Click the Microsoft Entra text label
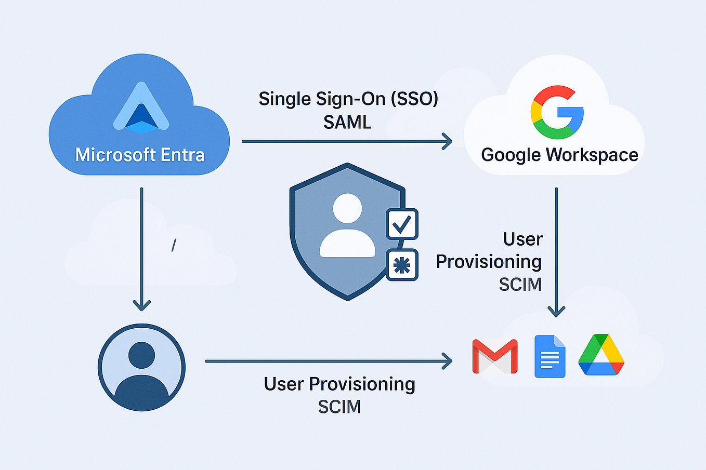pos(140,155)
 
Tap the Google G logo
pos(557,112)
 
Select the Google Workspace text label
pos(559,155)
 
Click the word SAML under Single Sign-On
pos(347,122)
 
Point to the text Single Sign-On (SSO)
pos(348,99)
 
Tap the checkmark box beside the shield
pos(402,224)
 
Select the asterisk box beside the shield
pos(402,265)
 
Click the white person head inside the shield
pos(347,208)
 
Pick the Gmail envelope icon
pos(494,356)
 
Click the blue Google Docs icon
pos(550,356)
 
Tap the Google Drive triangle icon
pos(601,355)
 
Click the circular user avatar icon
pos(141,367)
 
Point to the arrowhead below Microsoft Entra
pos(141,305)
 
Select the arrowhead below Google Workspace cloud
pos(556,311)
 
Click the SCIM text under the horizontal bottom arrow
pos(339,407)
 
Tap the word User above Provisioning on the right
pos(522,239)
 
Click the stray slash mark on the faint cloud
pos(174,245)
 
